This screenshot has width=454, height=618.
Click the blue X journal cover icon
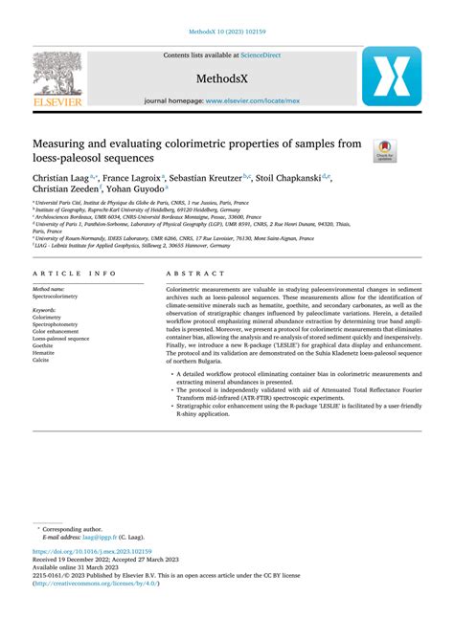(x=390, y=76)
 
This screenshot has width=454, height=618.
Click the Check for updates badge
(x=384, y=148)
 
